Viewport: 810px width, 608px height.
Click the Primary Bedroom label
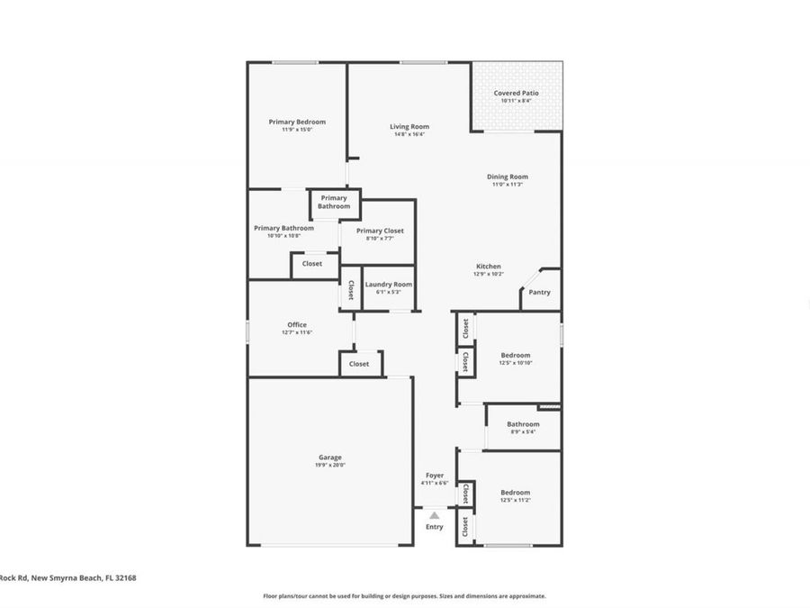pos(297,122)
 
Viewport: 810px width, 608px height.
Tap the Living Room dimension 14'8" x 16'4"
pos(409,135)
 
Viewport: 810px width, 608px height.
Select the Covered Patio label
pos(517,93)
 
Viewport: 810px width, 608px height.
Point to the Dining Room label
pos(508,177)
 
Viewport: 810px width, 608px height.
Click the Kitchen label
pos(489,267)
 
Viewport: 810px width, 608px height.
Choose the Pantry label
pos(539,292)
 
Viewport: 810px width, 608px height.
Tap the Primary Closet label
pos(385,231)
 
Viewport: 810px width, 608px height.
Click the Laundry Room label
pos(389,284)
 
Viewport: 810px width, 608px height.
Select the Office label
pos(297,325)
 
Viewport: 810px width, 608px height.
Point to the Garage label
pos(330,458)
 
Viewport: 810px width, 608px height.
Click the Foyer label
pos(434,475)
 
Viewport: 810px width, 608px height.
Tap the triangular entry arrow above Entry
pos(435,515)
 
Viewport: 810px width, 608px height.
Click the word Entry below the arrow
pos(435,527)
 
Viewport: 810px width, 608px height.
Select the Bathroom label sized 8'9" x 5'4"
pos(523,424)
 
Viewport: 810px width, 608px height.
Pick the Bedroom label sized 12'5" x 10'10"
pos(516,355)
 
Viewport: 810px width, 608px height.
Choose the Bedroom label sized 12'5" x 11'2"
pos(516,493)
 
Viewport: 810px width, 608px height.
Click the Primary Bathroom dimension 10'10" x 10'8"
pos(284,236)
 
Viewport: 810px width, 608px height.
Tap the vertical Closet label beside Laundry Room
pos(350,290)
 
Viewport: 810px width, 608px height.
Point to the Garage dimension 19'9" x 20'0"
pos(330,466)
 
